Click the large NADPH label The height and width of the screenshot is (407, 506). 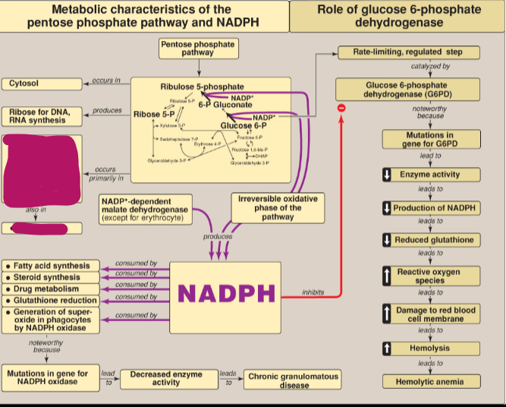click(x=225, y=292)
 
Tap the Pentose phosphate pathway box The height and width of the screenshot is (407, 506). click(x=198, y=49)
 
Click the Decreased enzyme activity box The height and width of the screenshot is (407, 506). click(x=166, y=379)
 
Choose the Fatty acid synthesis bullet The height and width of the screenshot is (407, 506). click(x=52, y=267)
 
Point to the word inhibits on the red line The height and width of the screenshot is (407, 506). click(x=313, y=292)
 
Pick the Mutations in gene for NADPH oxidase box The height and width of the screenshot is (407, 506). click(x=48, y=377)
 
